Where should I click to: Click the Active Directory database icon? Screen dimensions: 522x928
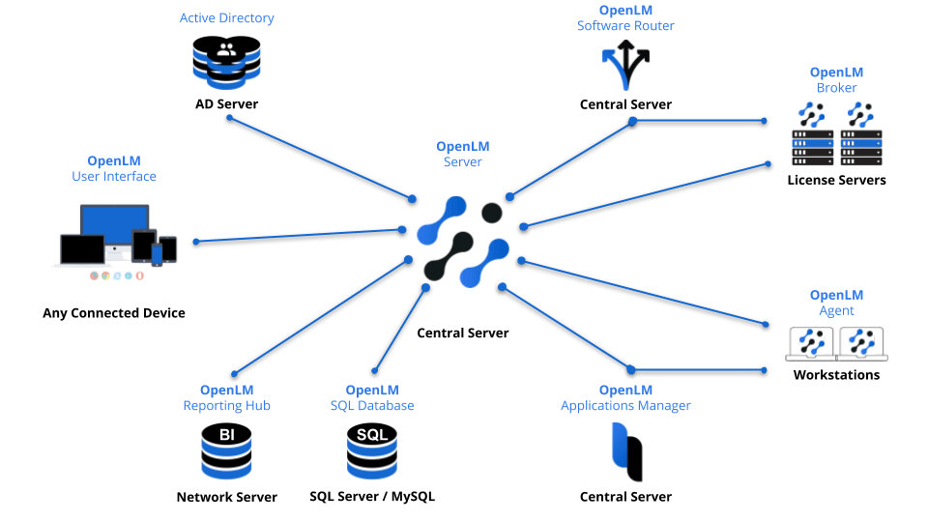(227, 59)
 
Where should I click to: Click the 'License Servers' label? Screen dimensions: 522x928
(836, 180)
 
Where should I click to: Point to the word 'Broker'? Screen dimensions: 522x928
(836, 88)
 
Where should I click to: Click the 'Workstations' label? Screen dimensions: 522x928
(836, 374)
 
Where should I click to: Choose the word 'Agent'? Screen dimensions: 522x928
(836, 310)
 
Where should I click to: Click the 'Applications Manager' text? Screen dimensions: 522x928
(625, 405)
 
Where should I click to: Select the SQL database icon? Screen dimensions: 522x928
(372, 450)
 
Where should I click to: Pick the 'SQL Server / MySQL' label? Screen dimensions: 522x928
(372, 496)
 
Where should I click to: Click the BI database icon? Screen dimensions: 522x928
(226, 450)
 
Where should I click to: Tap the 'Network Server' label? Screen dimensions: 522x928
(226, 497)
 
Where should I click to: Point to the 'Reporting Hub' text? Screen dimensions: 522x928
(226, 405)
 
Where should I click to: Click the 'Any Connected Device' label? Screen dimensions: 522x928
(114, 312)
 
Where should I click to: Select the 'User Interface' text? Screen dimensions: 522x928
(114, 176)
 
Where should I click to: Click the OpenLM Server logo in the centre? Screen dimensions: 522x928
(462, 243)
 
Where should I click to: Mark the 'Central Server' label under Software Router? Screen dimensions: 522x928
(625, 104)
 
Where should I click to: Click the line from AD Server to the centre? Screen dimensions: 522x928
(320, 158)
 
